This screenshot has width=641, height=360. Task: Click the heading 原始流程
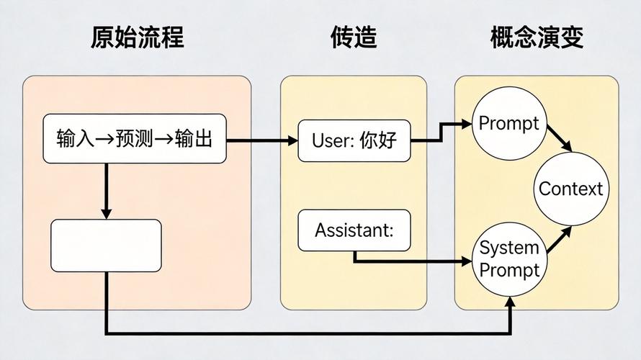click(137, 37)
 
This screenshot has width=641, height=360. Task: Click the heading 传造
click(354, 37)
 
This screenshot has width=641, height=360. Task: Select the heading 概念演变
click(537, 37)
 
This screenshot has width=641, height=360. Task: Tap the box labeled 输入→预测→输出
click(135, 139)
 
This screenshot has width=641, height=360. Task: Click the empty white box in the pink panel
click(106, 246)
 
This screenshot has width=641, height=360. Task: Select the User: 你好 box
click(354, 140)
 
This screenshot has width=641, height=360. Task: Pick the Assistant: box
click(354, 230)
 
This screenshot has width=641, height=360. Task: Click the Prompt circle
click(508, 123)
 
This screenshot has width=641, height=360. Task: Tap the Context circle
click(570, 189)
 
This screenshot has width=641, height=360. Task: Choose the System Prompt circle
click(509, 259)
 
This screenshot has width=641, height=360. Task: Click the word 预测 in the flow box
click(134, 139)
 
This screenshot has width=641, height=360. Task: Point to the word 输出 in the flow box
click(194, 139)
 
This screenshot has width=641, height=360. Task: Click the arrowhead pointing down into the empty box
click(106, 214)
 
